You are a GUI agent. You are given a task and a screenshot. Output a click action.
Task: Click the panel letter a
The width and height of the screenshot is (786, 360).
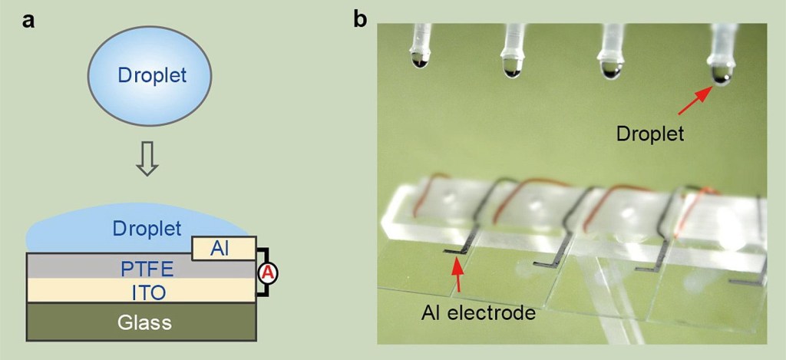pyautogui.click(x=29, y=21)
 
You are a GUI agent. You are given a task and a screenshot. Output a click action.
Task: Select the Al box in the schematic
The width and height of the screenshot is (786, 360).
pyautogui.click(x=223, y=248)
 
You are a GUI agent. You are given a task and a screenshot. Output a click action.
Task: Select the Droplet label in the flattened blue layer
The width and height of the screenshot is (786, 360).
pyautogui.click(x=146, y=228)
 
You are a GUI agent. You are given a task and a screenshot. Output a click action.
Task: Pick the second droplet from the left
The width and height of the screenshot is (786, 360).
pyautogui.click(x=513, y=68)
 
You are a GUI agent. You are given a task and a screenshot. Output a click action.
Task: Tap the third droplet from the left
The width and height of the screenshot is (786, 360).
pyautogui.click(x=614, y=68)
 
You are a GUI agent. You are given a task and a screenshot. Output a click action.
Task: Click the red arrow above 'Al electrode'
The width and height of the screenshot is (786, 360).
pyautogui.click(x=459, y=275)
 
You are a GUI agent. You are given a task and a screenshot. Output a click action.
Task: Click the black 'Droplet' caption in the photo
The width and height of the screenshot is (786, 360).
pyautogui.click(x=651, y=134)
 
